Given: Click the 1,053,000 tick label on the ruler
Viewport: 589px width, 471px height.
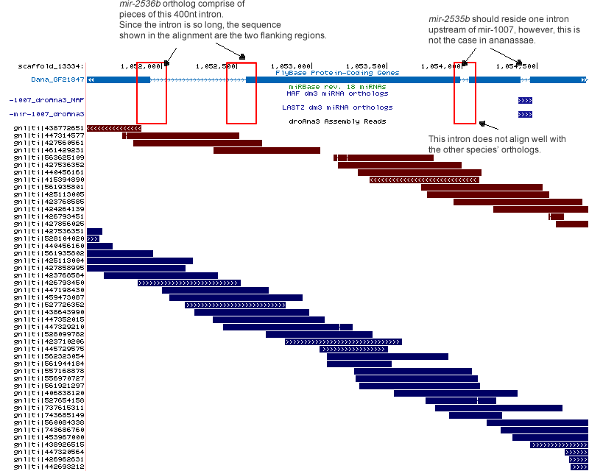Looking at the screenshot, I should pyautogui.click(x=292, y=65).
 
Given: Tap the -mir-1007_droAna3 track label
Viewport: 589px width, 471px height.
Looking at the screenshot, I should pyautogui.click(x=46, y=114).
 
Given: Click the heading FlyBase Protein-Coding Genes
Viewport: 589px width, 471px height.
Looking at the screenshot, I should pyautogui.click(x=337, y=73).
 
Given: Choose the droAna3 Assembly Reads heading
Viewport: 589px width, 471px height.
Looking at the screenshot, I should pyautogui.click(x=337, y=121).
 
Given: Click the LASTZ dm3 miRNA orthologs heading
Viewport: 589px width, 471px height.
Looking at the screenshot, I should pyautogui.click(x=337, y=107).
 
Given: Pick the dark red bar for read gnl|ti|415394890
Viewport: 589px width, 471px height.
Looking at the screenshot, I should pyautogui.click(x=424, y=180).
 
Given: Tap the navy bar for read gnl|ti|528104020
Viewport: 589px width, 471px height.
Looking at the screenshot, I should pyautogui.click(x=93, y=238).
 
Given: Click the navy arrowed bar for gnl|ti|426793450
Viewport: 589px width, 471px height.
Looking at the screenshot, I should pyautogui.click(x=188, y=283).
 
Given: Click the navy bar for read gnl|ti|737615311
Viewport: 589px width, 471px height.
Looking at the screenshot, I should pyautogui.click(x=498, y=408).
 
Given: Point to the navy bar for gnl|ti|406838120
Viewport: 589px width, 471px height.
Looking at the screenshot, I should pyautogui.click(x=455, y=393).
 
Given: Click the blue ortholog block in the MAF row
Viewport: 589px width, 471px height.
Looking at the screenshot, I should pyautogui.click(x=525, y=99).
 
